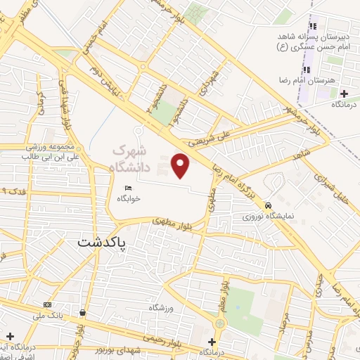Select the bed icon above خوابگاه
[x=128, y=188]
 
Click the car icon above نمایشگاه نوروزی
[x=268, y=205]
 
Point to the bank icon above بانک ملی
[x=47, y=304]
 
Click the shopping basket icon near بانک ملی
[x=83, y=312]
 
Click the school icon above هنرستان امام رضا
[x=307, y=70]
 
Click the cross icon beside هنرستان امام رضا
[x=344, y=94]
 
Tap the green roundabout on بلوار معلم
[x=220, y=323]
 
